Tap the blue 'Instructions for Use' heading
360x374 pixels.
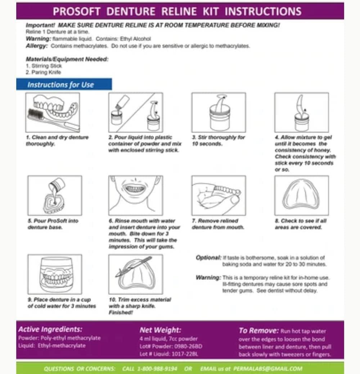60,85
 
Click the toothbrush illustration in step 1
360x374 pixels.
53,112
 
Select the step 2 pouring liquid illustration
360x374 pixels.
135,112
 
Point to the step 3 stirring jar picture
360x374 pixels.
219,112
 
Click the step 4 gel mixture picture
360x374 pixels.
301,112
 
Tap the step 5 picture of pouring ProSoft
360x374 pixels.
55,195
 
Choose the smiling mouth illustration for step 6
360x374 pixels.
135,195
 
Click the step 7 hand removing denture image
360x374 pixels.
219,195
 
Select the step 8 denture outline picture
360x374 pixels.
301,195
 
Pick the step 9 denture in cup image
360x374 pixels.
55,274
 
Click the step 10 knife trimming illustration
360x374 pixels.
135,274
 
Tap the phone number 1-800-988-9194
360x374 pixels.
161,369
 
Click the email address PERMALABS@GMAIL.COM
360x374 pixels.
267,369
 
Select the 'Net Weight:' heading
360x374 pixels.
160,330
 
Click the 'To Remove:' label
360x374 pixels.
258,330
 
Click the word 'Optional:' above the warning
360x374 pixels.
208,258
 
